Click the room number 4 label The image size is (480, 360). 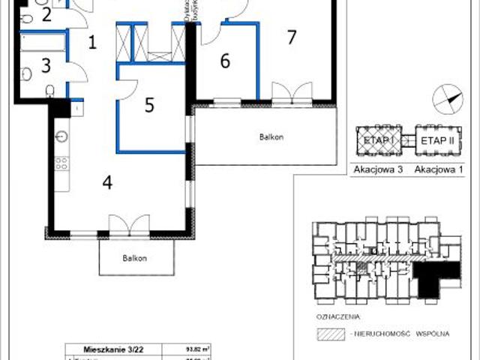(x=108, y=182)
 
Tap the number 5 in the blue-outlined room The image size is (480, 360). (x=149, y=105)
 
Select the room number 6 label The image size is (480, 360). (x=224, y=61)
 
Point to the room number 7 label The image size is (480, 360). (x=292, y=37)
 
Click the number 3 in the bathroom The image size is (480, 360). (x=46, y=65)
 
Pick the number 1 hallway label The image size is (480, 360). (x=92, y=42)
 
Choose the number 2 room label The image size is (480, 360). (x=46, y=14)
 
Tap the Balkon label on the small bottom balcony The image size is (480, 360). (x=136, y=258)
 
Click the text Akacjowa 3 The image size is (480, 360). (x=379, y=170)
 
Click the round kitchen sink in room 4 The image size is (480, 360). (x=61, y=136)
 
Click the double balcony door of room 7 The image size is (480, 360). (x=291, y=92)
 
